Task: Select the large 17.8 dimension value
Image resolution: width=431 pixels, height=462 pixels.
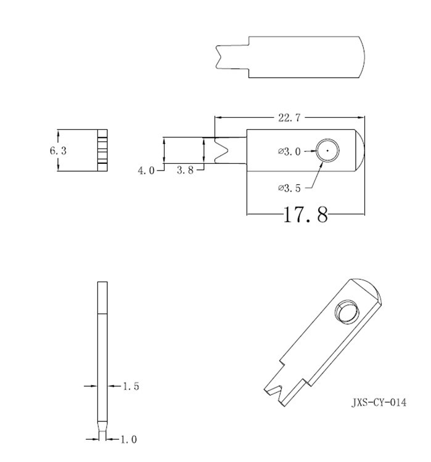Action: click(x=305, y=215)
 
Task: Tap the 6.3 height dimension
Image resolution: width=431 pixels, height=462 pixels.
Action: click(x=58, y=150)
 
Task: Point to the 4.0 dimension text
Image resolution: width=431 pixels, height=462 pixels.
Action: click(x=146, y=171)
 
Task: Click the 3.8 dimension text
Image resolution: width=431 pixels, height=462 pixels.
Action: click(x=185, y=171)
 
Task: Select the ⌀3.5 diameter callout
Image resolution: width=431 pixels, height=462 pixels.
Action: click(x=289, y=188)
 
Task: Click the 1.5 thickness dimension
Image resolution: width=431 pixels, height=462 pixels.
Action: click(x=131, y=386)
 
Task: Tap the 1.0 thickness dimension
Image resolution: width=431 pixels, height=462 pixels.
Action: click(x=128, y=439)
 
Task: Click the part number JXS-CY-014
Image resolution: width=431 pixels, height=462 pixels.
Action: click(x=379, y=403)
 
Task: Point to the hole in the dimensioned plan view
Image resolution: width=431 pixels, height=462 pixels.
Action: click(x=327, y=150)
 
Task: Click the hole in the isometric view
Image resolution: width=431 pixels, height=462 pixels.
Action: click(x=344, y=312)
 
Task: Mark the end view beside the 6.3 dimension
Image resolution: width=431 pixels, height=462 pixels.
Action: click(x=102, y=150)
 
